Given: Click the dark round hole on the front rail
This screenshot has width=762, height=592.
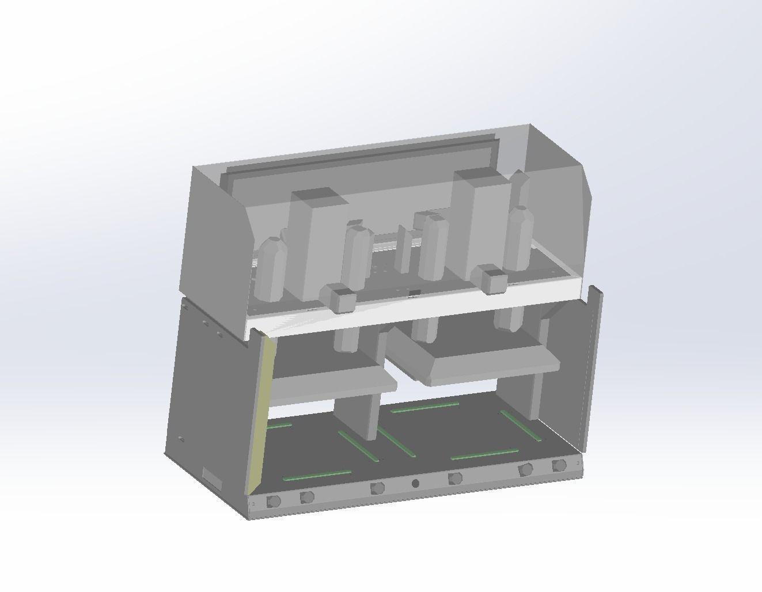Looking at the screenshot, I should (x=415, y=483).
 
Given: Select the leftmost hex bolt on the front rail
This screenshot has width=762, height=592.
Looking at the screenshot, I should (x=274, y=501).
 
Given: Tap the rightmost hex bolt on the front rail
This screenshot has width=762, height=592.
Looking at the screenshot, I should (x=558, y=465).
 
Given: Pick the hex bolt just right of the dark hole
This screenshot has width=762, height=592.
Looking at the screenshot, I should (x=455, y=478).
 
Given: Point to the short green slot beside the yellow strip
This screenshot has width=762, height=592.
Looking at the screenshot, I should (x=280, y=426).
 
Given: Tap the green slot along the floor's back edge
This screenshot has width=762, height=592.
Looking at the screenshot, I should (x=425, y=407).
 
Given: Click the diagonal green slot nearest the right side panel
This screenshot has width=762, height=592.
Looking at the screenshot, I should (x=521, y=426).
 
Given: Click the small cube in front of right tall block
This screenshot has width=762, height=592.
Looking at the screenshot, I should (x=492, y=280).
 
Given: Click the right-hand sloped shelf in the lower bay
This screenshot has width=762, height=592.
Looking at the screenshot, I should (x=478, y=363).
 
